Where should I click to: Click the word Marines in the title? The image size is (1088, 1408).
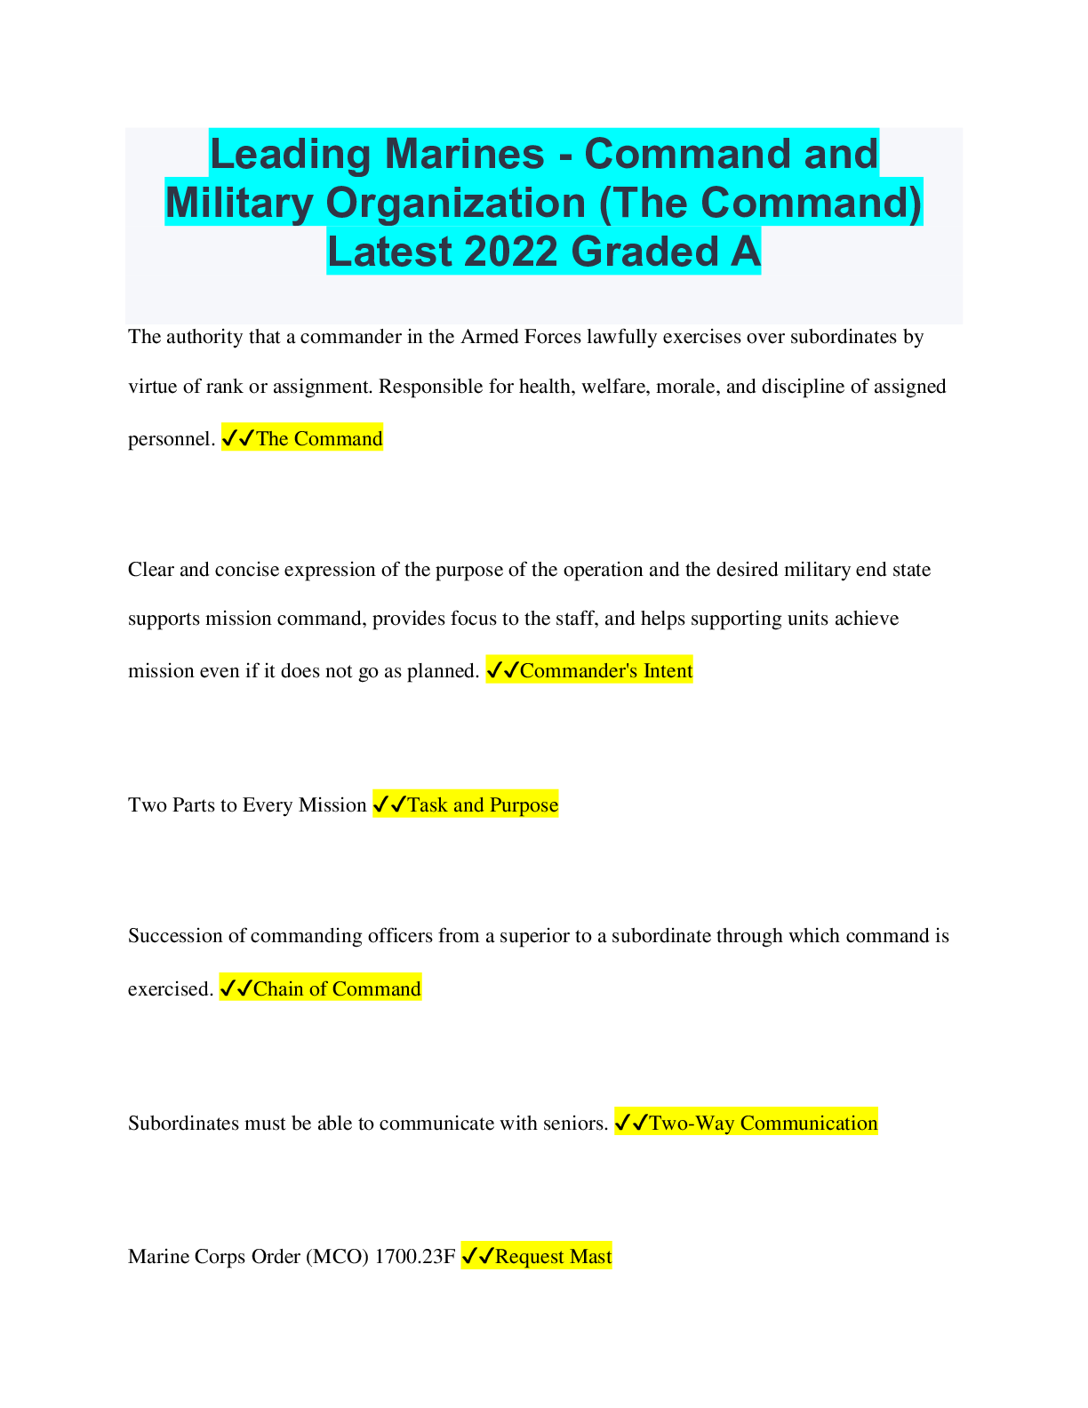pyautogui.click(x=464, y=154)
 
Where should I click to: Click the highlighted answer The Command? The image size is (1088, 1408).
pyautogui.click(x=319, y=438)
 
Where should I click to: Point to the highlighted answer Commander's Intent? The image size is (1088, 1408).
pyautogui.click(x=606, y=670)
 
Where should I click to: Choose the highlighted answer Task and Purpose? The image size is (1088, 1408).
pyautogui.click(x=483, y=804)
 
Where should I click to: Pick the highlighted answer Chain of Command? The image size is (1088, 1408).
pyautogui.click(x=337, y=988)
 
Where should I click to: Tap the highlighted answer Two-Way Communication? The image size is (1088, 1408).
pyautogui.click(x=764, y=1123)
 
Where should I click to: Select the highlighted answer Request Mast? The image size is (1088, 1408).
pyautogui.click(x=554, y=1256)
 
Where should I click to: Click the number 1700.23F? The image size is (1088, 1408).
pyautogui.click(x=415, y=1256)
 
